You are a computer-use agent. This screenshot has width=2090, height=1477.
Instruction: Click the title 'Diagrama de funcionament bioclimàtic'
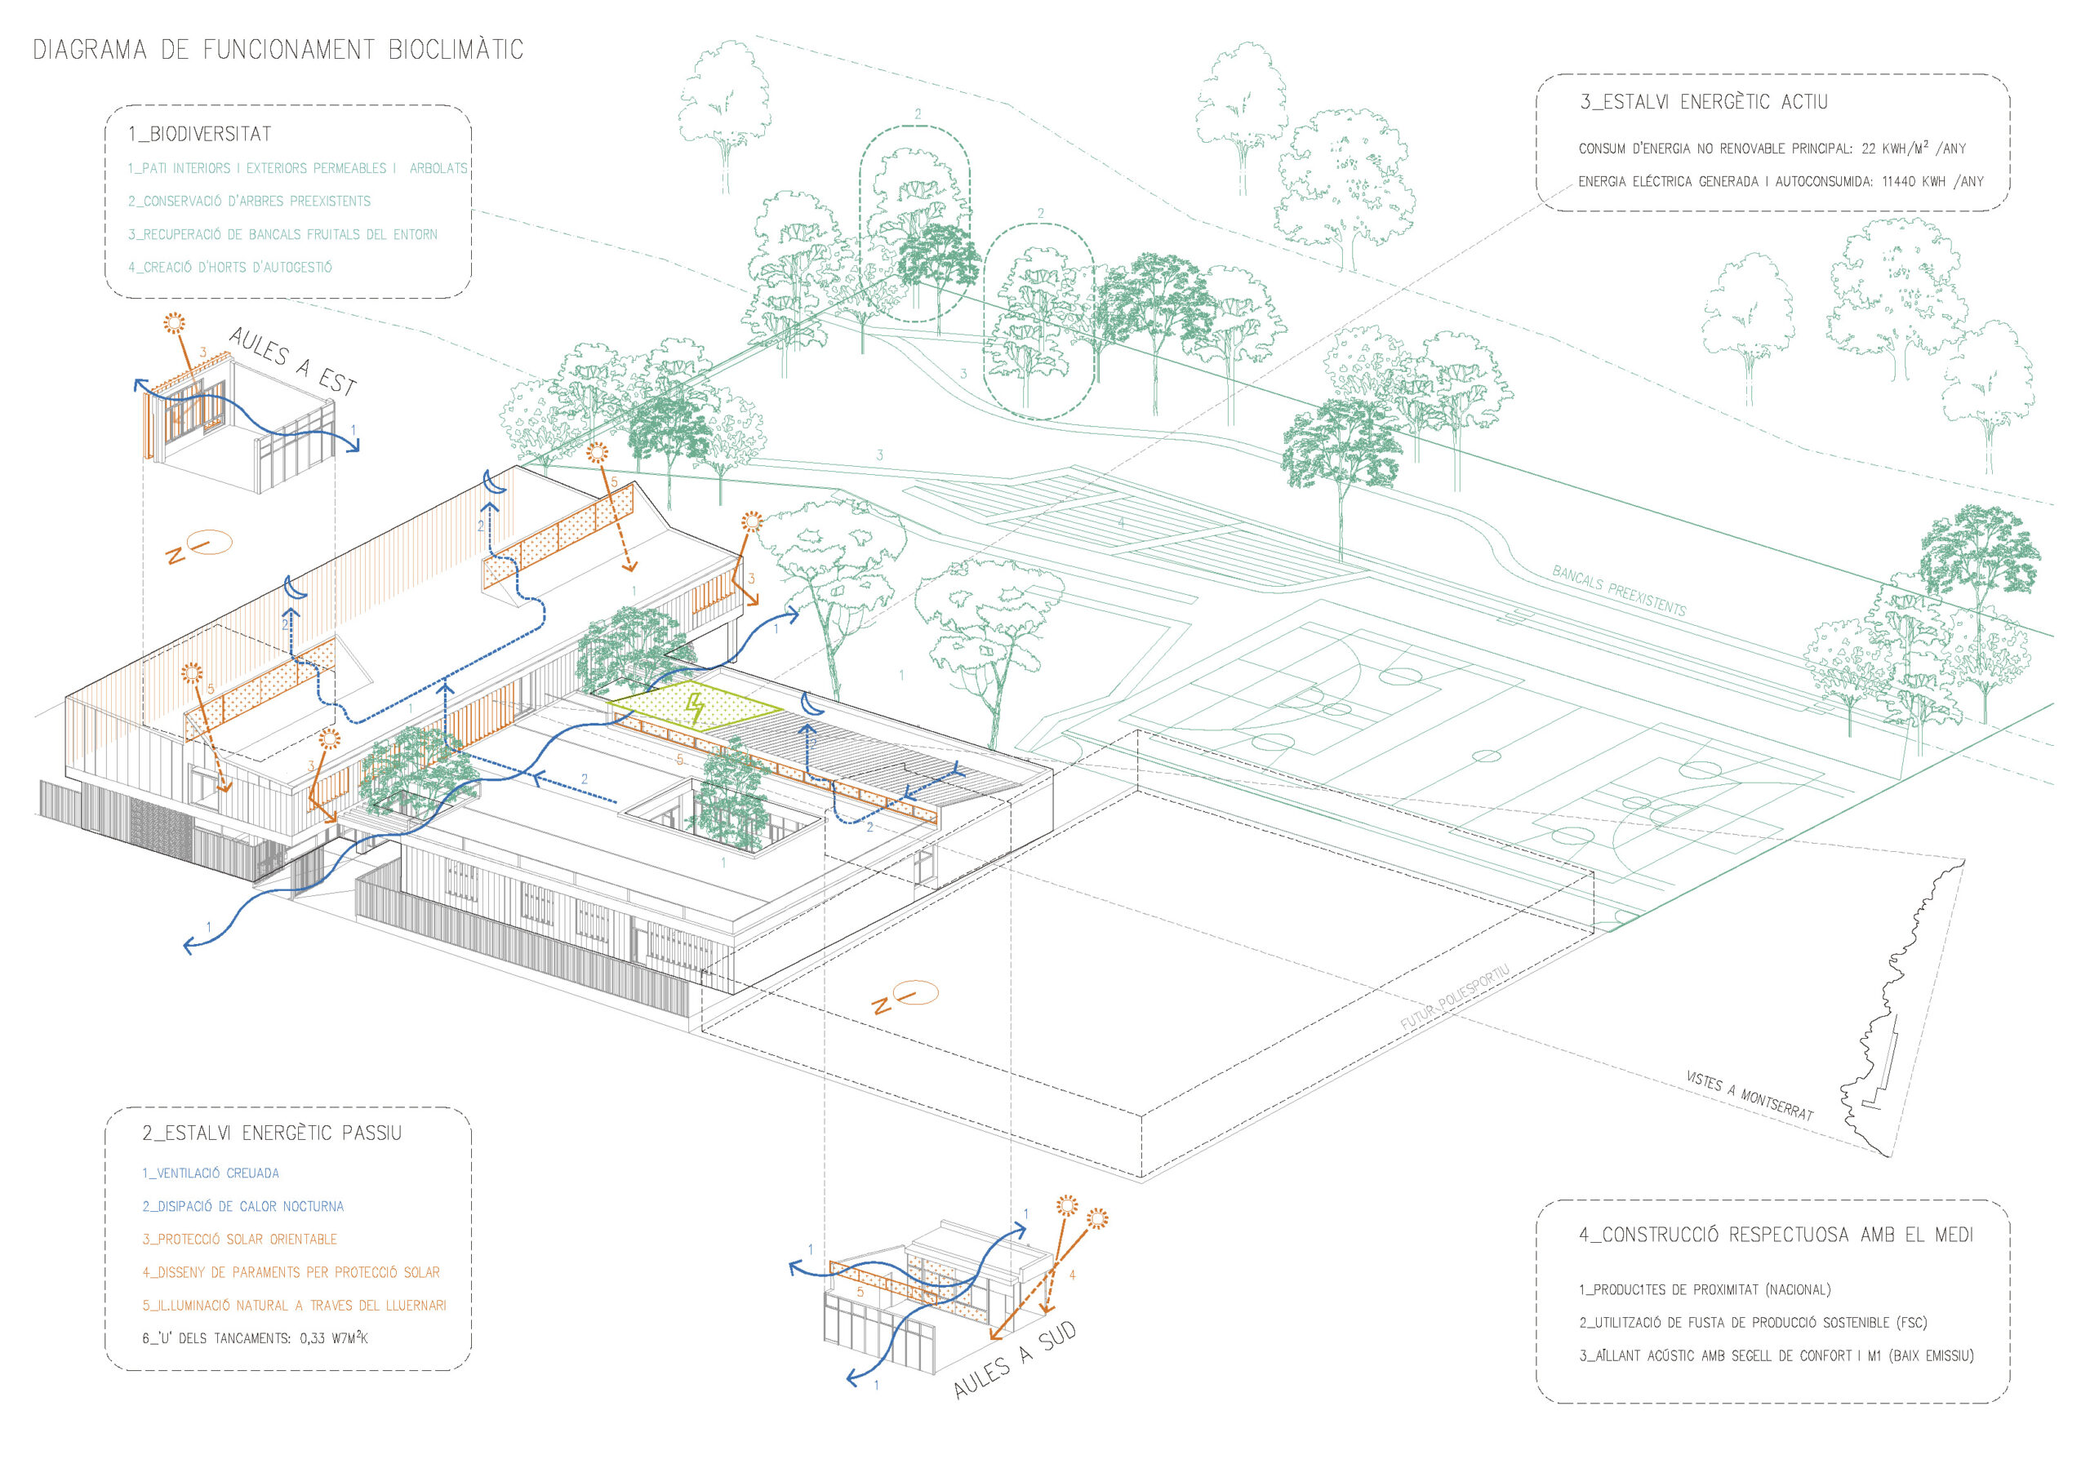pyautogui.click(x=278, y=49)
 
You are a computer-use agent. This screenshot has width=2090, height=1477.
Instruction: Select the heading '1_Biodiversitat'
pyautogui.click(x=199, y=134)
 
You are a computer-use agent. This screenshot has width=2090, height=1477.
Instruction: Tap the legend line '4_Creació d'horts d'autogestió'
pyautogui.click(x=229, y=268)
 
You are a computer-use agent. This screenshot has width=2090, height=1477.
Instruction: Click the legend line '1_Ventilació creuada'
pyautogui.click(x=211, y=1173)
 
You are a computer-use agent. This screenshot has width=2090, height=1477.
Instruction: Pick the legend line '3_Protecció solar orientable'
pyautogui.click(x=239, y=1240)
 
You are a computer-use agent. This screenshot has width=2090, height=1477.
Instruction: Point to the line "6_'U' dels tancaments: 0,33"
pyautogui.click(x=255, y=1338)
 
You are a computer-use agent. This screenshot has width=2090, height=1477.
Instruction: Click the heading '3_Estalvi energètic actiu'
pyautogui.click(x=1703, y=102)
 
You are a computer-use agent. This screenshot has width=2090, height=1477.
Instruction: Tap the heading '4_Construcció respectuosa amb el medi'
pyautogui.click(x=1776, y=1235)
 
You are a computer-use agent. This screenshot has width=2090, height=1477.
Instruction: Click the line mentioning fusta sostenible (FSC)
pyautogui.click(x=1752, y=1322)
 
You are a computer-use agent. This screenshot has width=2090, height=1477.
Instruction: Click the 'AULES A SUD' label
pyautogui.click(x=1014, y=1360)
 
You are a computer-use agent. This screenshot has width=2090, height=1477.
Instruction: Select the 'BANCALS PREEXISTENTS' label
pyautogui.click(x=1618, y=591)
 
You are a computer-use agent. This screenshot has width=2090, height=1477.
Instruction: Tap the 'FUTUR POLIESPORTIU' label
pyautogui.click(x=1454, y=997)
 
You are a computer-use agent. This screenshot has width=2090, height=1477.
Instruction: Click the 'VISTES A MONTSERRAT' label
pyautogui.click(x=1749, y=1096)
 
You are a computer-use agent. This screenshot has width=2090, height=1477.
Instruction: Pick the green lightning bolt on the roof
pyautogui.click(x=696, y=709)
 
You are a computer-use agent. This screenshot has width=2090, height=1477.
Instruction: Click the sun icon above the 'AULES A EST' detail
pyautogui.click(x=174, y=322)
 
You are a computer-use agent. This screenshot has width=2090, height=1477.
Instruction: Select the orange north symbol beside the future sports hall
pyautogui.click(x=905, y=996)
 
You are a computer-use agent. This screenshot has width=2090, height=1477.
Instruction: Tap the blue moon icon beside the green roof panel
pyautogui.click(x=811, y=703)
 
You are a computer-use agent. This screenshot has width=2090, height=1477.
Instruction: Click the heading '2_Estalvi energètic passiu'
pyautogui.click(x=271, y=1133)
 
